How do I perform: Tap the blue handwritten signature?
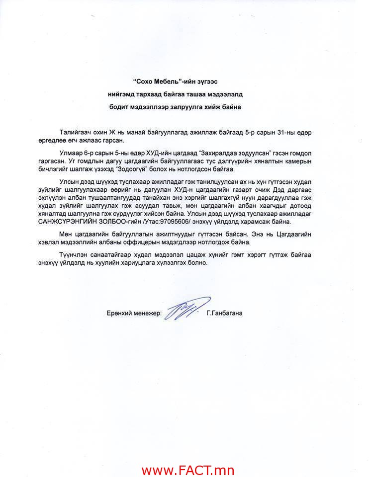[186, 309]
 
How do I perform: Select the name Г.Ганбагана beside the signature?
[224, 314]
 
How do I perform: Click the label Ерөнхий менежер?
[134, 314]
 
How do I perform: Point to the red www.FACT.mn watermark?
[187, 470]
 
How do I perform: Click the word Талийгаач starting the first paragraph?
[76, 133]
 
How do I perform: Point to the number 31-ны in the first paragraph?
[281, 133]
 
